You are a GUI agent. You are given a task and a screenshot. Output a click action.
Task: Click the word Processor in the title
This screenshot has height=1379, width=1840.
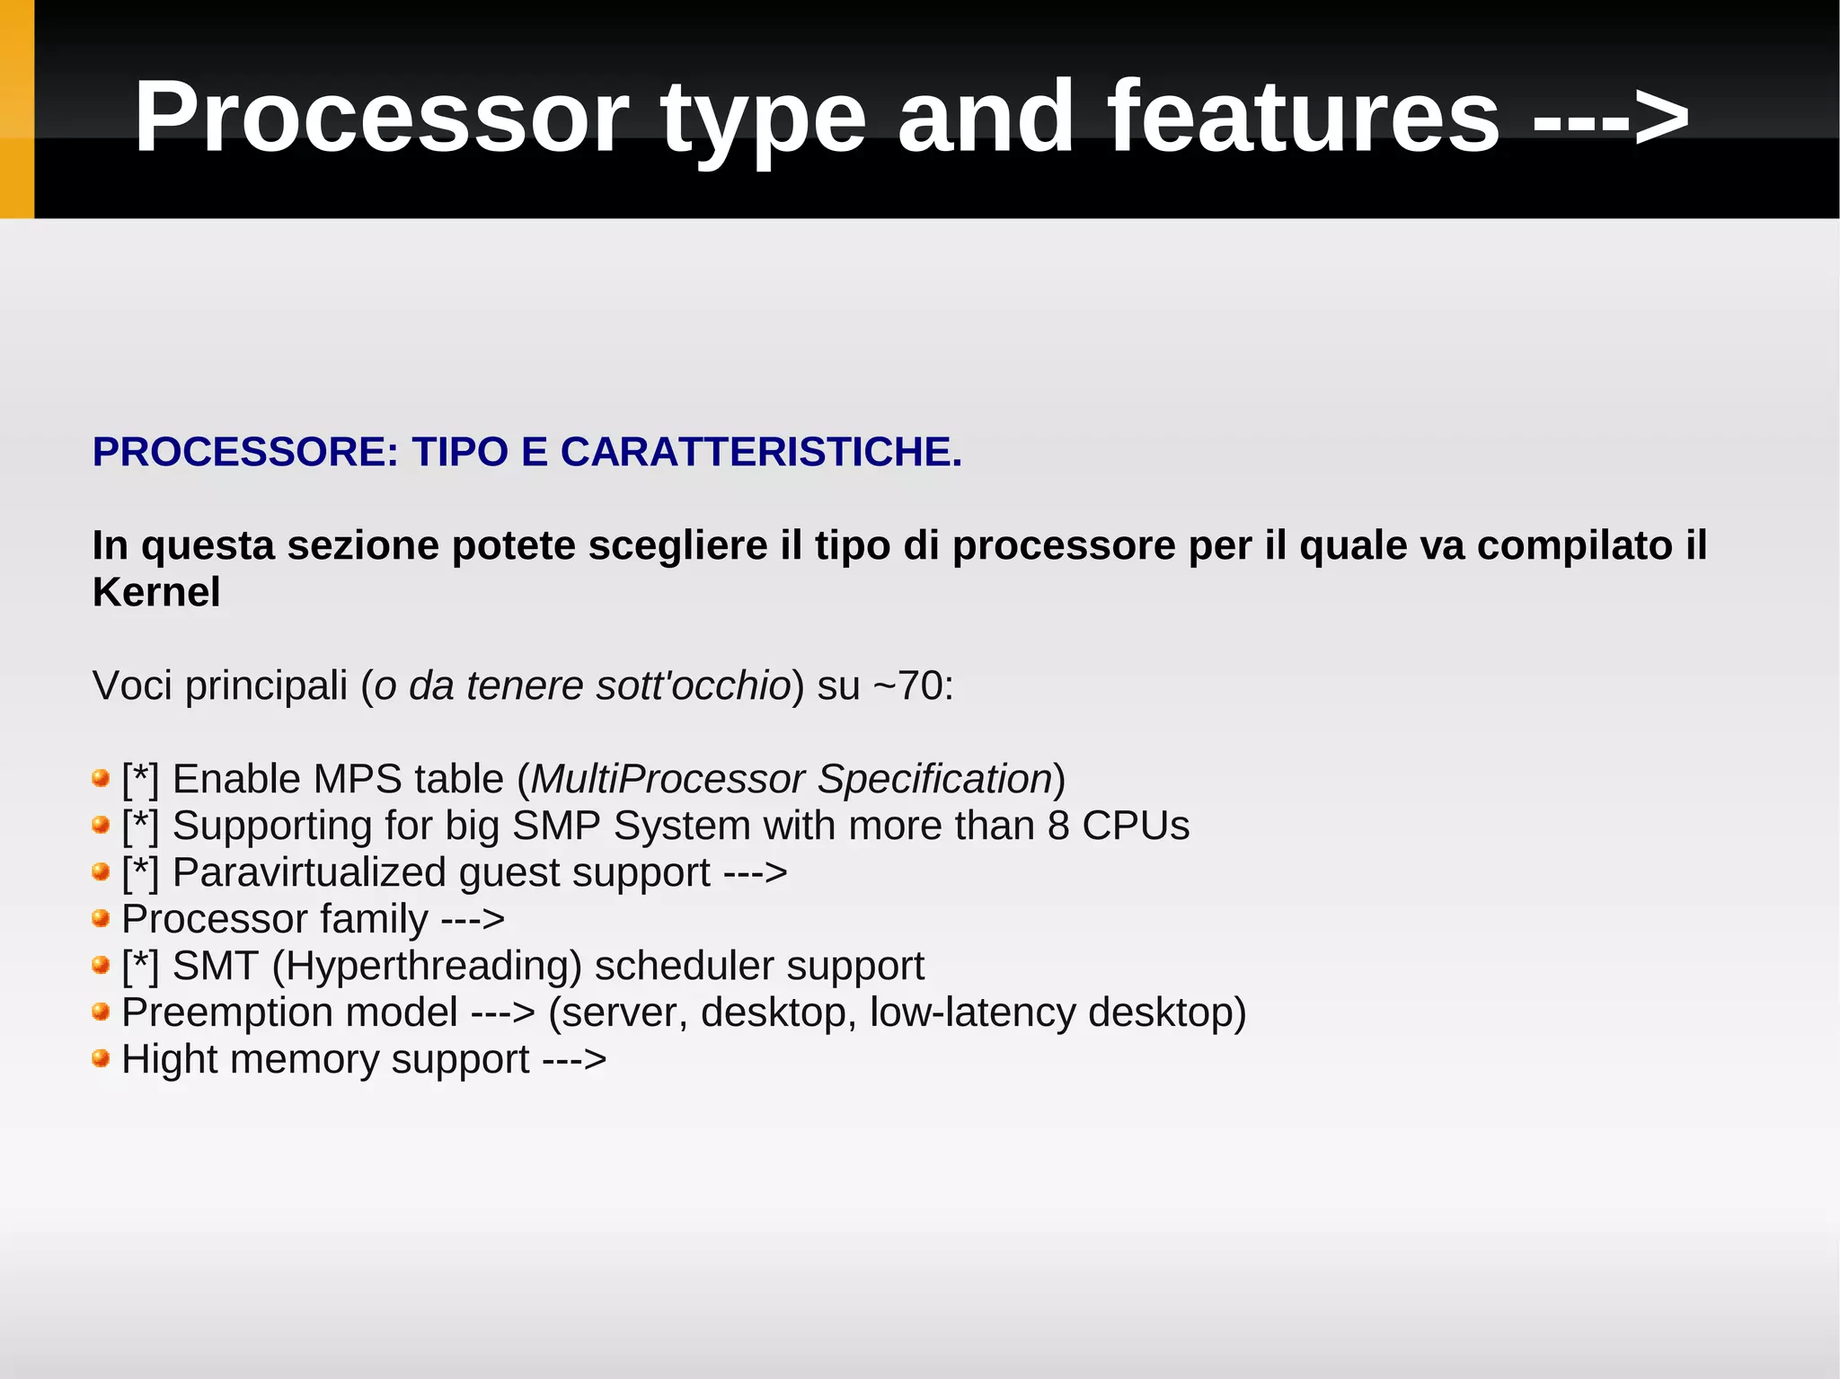click(381, 118)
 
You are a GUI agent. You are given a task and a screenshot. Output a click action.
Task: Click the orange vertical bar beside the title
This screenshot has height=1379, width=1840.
click(16, 109)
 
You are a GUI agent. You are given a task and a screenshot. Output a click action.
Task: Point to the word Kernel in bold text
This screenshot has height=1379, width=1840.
click(156, 592)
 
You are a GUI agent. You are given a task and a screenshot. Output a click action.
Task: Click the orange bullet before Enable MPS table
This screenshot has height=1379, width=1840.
click(101, 778)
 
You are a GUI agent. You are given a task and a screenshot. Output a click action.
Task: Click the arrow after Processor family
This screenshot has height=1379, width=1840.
click(473, 919)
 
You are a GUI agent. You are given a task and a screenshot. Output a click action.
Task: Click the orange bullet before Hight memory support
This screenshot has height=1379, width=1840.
click(101, 1058)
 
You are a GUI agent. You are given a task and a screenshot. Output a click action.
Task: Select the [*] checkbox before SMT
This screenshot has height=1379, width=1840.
click(140, 966)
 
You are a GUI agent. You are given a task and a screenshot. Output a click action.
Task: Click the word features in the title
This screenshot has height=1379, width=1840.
click(1304, 118)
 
